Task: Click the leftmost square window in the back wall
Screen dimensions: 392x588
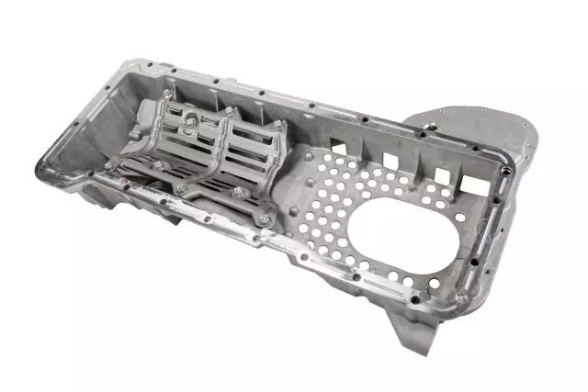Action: [337, 144]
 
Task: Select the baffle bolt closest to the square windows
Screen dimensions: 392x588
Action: [277, 124]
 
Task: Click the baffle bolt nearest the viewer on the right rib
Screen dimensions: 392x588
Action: [238, 193]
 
